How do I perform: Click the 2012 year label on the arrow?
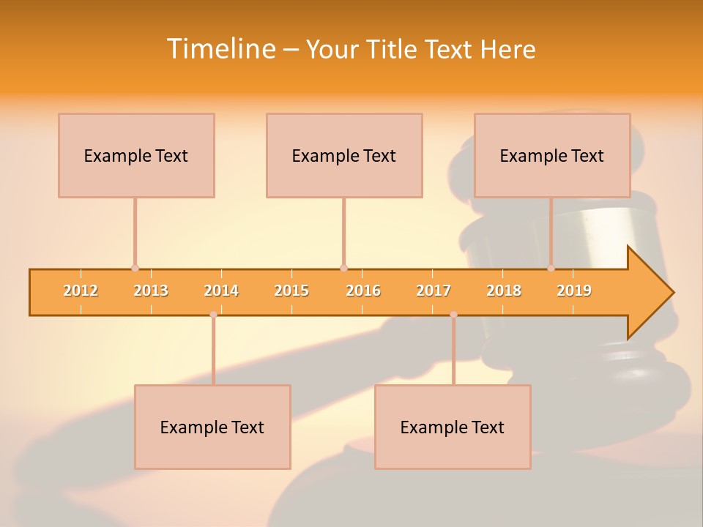pos(81,291)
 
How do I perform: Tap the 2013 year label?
pos(151,291)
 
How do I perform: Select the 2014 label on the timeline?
pos(221,291)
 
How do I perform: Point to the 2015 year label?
pos(291,291)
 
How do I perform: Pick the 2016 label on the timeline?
pos(363,291)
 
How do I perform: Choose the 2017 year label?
pos(434,291)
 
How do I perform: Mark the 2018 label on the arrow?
pos(504,291)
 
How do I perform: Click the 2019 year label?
pos(574,291)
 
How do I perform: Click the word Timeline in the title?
pos(220,49)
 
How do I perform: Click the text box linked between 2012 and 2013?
pos(136,155)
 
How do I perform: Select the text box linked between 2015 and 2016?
pos(344,155)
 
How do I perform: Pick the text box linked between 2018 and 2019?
pos(552,155)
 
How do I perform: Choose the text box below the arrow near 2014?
pos(212,427)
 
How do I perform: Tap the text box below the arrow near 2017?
pos(453,427)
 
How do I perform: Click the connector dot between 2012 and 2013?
pos(135,268)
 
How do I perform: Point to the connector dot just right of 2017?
pos(453,315)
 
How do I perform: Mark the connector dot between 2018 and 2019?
pos(551,268)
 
